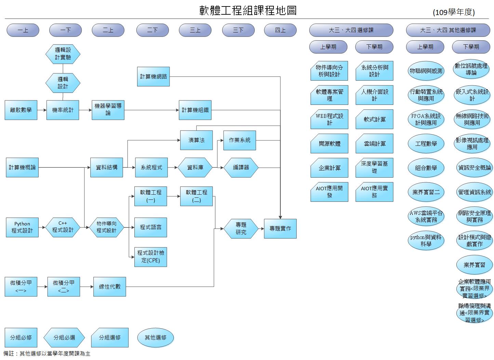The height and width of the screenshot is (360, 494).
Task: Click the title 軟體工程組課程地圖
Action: (x=248, y=11)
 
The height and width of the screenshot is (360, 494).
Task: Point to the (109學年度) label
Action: (x=454, y=12)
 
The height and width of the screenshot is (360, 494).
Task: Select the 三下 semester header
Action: (x=238, y=30)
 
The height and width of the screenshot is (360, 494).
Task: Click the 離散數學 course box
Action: (x=21, y=110)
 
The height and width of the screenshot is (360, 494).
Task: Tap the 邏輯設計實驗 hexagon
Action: (x=63, y=54)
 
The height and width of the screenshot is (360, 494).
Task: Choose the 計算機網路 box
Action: (x=153, y=77)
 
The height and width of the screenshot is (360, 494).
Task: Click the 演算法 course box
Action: (x=196, y=140)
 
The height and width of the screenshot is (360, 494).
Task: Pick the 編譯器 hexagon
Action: (x=241, y=167)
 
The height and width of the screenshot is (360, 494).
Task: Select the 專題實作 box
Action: (x=280, y=229)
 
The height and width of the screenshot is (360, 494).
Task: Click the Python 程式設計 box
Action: (x=22, y=227)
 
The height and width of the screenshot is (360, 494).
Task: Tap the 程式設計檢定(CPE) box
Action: (x=150, y=257)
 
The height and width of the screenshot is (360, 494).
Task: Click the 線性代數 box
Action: (x=110, y=286)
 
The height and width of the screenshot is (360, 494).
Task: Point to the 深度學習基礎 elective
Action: (x=374, y=167)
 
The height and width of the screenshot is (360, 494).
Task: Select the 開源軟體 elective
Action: (x=329, y=143)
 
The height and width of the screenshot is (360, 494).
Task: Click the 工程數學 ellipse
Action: (x=426, y=143)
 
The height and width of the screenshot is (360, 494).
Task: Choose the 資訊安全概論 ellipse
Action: (x=475, y=167)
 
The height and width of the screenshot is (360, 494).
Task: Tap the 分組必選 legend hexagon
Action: (x=64, y=337)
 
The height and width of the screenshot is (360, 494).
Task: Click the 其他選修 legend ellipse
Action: (x=155, y=337)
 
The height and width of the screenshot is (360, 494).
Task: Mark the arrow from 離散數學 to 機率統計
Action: (x=42, y=110)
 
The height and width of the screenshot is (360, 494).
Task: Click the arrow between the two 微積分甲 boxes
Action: (x=42, y=286)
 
